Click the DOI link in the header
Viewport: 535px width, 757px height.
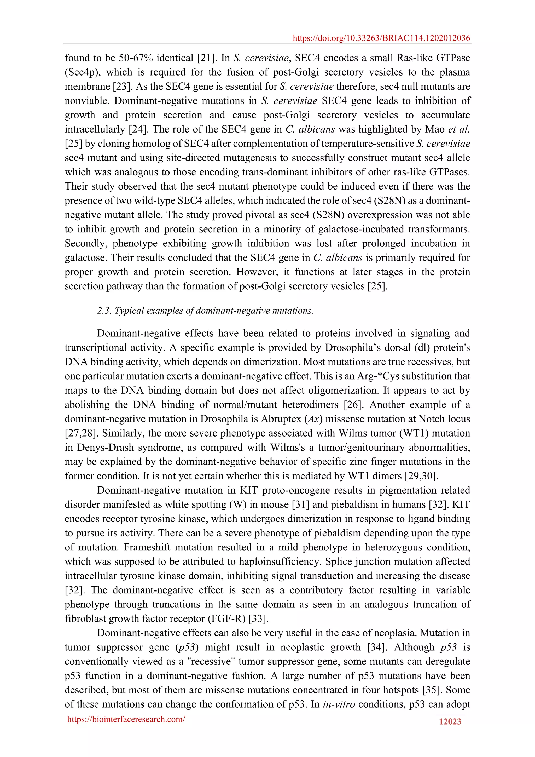(381, 38)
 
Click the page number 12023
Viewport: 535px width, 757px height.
(450, 722)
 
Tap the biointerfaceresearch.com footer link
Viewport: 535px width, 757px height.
(126, 719)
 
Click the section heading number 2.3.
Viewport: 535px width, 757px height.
(104, 311)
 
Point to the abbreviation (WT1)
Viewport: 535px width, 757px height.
(414, 433)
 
